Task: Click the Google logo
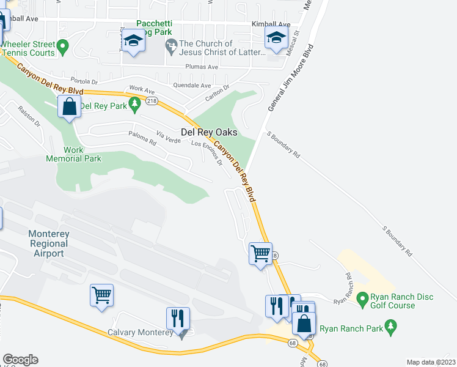click(x=20, y=360)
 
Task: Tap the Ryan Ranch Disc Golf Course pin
click(x=362, y=300)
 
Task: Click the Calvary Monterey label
click(x=139, y=333)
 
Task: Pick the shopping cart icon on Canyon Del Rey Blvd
click(x=260, y=252)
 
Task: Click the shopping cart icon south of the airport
click(x=101, y=295)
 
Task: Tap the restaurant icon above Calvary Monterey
click(x=178, y=317)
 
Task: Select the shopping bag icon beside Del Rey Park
click(x=70, y=107)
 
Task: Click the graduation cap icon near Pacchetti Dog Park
click(x=133, y=41)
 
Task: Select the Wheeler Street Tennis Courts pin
click(x=62, y=46)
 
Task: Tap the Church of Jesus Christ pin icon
click(x=172, y=45)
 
